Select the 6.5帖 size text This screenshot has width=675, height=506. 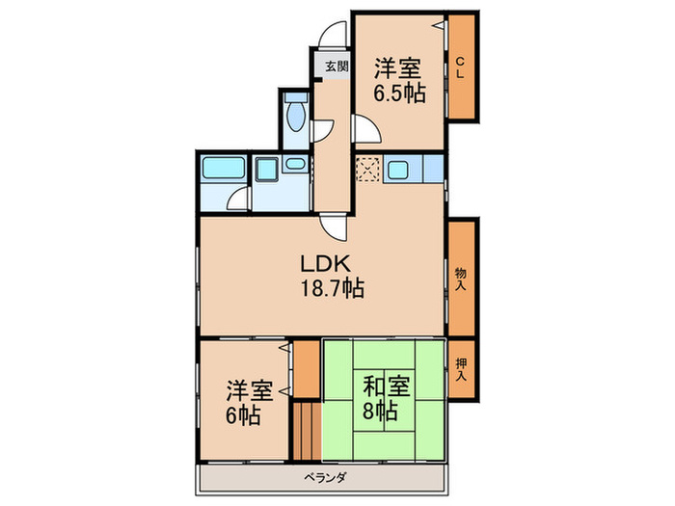pyautogui.click(x=399, y=94)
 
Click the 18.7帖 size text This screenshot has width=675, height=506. pyautogui.click(x=331, y=287)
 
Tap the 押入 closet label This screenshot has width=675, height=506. pyautogui.click(x=461, y=369)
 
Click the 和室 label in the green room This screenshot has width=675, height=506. pyautogui.click(x=386, y=387)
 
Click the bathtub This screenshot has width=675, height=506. pyautogui.click(x=223, y=172)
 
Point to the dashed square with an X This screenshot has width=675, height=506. pyautogui.click(x=367, y=172)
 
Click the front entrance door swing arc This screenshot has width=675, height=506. pyautogui.click(x=334, y=33)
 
